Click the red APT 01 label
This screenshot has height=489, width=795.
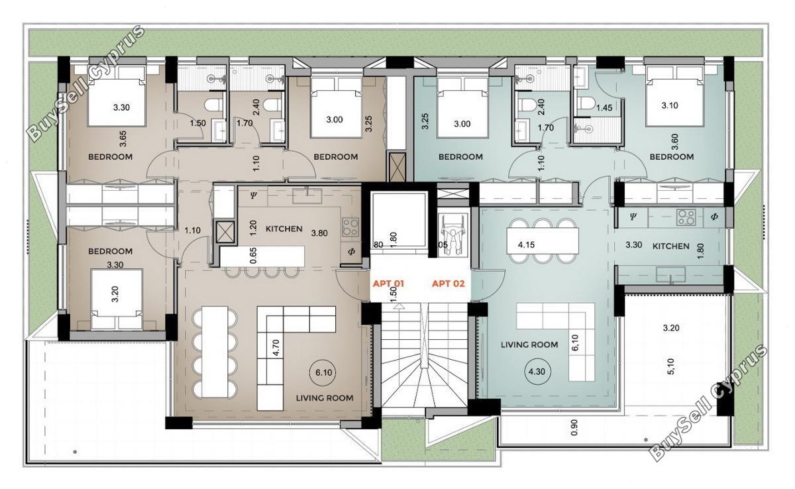pyautogui.click(x=388, y=284)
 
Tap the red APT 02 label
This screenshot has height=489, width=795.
pyautogui.click(x=449, y=284)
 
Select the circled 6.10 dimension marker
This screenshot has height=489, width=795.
pyautogui.click(x=324, y=372)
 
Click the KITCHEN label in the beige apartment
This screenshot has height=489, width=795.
pyautogui.click(x=284, y=229)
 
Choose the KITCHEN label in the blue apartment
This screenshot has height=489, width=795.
pyautogui.click(x=670, y=246)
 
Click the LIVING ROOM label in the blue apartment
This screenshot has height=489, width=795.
pyautogui.click(x=529, y=345)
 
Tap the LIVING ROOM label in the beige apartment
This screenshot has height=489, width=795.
pyautogui.click(x=325, y=398)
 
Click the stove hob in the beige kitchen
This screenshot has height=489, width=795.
pyautogui.click(x=350, y=227)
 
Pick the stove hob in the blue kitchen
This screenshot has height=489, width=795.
pyautogui.click(x=686, y=217)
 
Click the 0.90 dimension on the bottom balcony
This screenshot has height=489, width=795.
pyautogui.click(x=574, y=427)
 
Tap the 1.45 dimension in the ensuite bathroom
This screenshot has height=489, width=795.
pyautogui.click(x=604, y=107)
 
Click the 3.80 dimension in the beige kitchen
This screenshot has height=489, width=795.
pyautogui.click(x=319, y=233)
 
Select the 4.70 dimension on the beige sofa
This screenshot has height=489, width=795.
pyautogui.click(x=276, y=347)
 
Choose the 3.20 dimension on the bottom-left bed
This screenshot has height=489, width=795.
pyautogui.click(x=115, y=294)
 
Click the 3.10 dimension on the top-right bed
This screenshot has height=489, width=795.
pyautogui.click(x=670, y=105)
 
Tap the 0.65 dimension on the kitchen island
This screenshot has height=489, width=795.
pyautogui.click(x=253, y=256)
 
